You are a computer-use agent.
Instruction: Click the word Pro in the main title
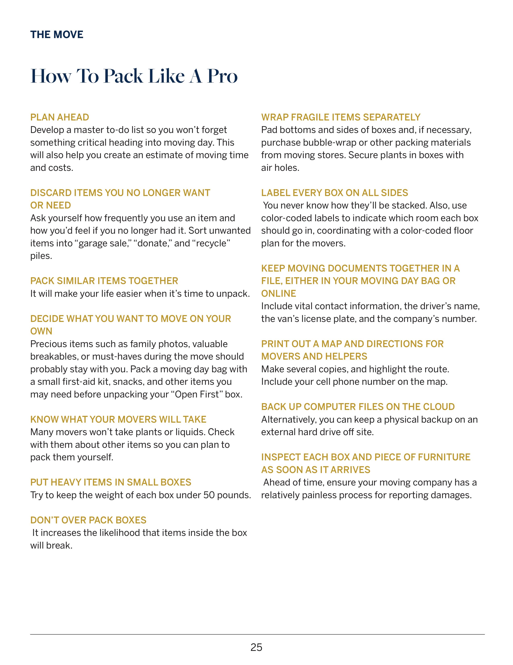click(x=222, y=76)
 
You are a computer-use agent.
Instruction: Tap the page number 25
click(x=256, y=647)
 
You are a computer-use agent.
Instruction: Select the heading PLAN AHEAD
click(x=60, y=117)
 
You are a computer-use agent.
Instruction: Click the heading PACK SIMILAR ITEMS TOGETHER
click(x=104, y=281)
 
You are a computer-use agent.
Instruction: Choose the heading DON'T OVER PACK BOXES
click(x=88, y=520)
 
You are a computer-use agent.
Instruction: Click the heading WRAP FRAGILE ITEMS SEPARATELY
click(x=341, y=117)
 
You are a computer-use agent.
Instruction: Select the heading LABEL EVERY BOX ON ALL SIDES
click(x=335, y=193)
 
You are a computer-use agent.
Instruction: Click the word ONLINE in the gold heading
click(x=279, y=294)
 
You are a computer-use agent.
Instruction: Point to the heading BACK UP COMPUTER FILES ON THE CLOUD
click(x=358, y=407)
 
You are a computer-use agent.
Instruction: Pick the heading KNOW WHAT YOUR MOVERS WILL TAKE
click(x=118, y=419)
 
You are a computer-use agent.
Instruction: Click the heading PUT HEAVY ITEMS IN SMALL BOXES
click(x=111, y=482)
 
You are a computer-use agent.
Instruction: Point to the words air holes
click(x=280, y=168)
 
